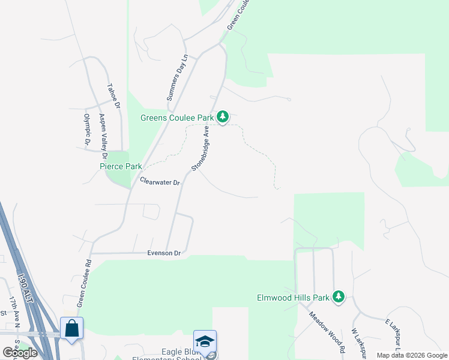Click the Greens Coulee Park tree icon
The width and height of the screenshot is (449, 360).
[223, 116]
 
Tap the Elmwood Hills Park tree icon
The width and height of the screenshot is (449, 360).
[339, 296]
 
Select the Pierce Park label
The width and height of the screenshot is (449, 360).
[121, 166]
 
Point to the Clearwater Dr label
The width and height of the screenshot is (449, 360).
[160, 181]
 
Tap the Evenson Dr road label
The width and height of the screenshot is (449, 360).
[164, 254]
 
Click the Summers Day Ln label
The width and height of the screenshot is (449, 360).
[177, 77]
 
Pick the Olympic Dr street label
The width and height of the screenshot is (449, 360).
[87, 130]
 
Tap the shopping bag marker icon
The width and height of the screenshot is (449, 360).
[71, 328]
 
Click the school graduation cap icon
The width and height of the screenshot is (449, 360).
[205, 341]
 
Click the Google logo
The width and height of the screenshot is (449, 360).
[20, 352]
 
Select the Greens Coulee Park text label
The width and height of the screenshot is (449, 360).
[178, 118]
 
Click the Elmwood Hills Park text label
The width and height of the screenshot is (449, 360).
[294, 297]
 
